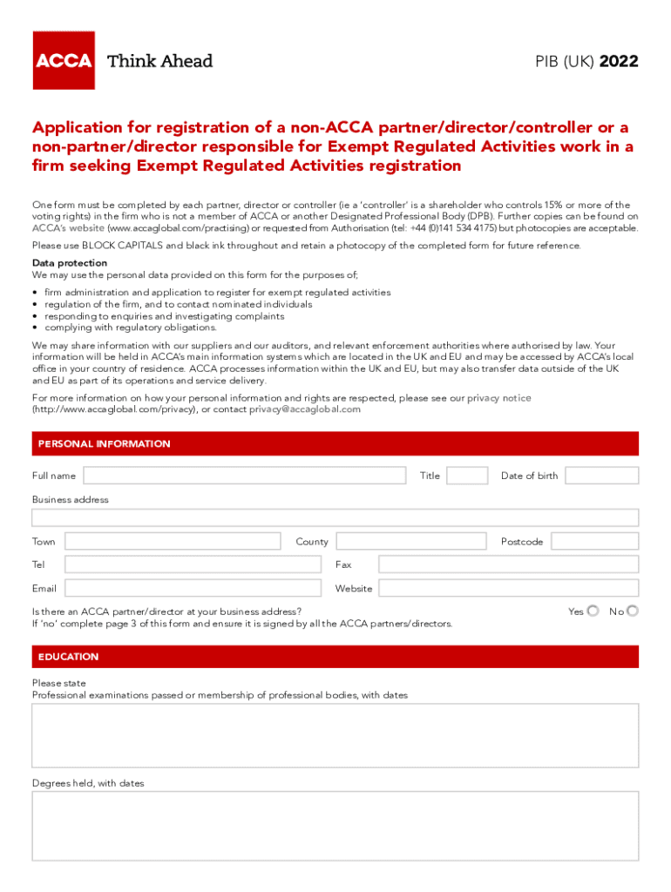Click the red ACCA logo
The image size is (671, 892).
[64, 60]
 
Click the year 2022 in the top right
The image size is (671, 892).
[619, 62]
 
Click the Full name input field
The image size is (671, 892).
[244, 476]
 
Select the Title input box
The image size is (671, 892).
[467, 476]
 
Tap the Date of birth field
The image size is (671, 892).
[601, 476]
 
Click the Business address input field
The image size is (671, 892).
[335, 517]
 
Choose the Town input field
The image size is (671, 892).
[173, 542]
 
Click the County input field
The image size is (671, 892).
[410, 542]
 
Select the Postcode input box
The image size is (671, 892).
[594, 542]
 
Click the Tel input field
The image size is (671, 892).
[193, 564]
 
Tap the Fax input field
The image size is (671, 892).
[508, 564]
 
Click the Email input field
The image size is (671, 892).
[193, 589]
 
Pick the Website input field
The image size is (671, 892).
[508, 589]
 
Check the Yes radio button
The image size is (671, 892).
[593, 611]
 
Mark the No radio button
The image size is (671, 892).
[633, 611]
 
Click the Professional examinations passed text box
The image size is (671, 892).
[335, 735]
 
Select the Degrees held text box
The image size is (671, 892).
[335, 825]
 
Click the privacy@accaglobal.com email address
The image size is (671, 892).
[305, 409]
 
